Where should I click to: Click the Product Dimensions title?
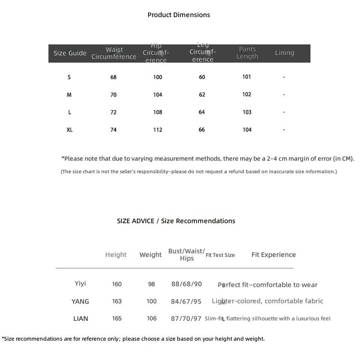(179, 15)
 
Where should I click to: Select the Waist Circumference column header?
(114, 53)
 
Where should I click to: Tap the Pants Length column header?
(247, 53)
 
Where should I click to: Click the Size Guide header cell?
(70, 53)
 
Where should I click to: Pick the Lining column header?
(284, 53)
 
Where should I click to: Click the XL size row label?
(69, 130)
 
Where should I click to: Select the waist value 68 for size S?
(113, 77)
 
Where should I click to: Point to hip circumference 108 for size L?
(157, 112)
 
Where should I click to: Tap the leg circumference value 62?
(202, 94)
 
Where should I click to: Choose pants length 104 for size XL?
(247, 130)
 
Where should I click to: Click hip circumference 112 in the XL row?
(157, 130)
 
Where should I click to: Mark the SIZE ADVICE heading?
(176, 221)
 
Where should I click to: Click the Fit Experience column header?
(274, 255)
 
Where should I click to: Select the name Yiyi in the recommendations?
(80, 283)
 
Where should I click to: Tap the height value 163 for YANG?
(117, 301)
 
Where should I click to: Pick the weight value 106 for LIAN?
(152, 319)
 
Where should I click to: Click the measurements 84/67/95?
(186, 301)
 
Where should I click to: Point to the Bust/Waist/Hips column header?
(186, 254)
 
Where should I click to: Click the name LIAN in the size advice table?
(81, 319)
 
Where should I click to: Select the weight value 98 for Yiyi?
(151, 284)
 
